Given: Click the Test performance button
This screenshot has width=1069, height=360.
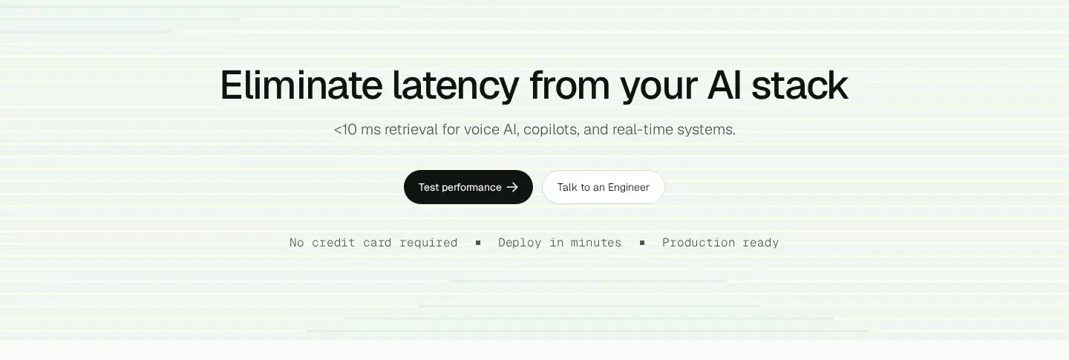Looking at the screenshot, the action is point(468,187).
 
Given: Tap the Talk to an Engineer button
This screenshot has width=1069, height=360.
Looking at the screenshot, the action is point(604,187).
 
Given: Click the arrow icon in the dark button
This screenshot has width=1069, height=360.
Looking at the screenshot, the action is point(512,187).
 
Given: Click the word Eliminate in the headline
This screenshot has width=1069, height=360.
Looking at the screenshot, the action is point(301,85).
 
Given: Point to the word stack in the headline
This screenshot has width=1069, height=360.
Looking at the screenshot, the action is point(800,85).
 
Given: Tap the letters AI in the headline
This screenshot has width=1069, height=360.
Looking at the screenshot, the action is point(725,85).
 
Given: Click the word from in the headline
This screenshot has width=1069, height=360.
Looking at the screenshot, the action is point(570,85).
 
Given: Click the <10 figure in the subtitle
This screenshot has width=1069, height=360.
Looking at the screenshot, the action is point(345,130).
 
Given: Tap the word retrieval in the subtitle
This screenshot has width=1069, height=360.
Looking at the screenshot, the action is point(411,129).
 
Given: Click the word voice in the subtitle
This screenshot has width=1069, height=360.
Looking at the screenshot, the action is point(482,130).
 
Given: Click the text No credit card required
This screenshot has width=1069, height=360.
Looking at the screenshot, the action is point(373,243).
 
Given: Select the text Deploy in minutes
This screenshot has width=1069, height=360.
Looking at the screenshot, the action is point(560,243).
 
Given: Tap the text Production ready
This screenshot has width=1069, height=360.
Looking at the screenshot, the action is point(721,243).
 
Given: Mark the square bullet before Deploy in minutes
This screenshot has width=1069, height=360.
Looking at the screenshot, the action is point(478,243).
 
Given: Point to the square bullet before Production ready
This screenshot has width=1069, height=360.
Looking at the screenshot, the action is point(642,243).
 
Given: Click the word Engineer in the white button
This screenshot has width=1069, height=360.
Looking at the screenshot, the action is point(629,188).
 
